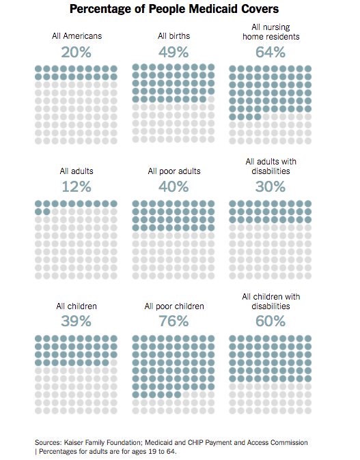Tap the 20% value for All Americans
coord(77,52)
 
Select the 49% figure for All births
coord(174,52)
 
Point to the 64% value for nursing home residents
coord(271,52)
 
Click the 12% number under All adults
coord(77,186)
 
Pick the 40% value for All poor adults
coord(174,186)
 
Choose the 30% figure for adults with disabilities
coord(271,186)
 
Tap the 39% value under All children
coord(77,321)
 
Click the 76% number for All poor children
coord(174,321)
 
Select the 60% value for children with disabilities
coord(271,321)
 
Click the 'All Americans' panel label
coord(77,35)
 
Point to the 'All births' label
coord(174,35)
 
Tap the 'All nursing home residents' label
coord(271,31)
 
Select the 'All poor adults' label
coord(174,171)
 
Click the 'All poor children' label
coord(174,306)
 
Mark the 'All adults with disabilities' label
coord(271,166)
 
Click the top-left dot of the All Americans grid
coord(38,70)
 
